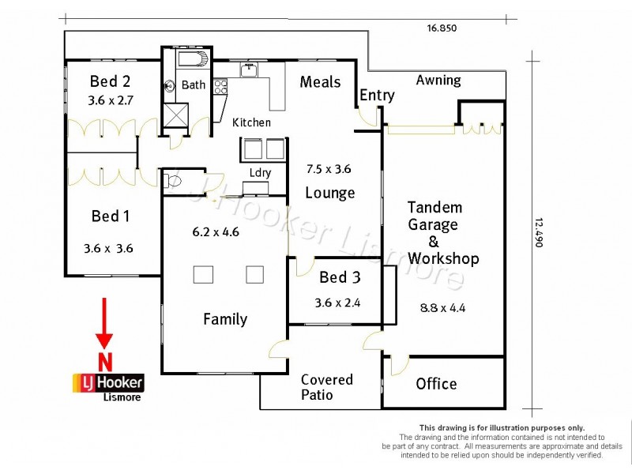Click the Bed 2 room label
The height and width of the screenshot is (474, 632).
[110, 81]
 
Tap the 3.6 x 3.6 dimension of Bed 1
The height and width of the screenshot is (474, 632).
[108, 248]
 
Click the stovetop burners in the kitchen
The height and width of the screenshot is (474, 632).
[220, 86]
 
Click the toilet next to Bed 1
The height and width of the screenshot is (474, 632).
[171, 182]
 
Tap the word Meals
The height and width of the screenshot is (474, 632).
[320, 82]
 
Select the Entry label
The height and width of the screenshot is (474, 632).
[377, 96]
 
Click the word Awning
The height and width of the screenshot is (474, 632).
[438, 80]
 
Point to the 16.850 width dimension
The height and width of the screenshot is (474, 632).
[442, 28]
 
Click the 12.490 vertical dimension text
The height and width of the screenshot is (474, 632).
[539, 233]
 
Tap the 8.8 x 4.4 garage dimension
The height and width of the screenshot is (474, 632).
[443, 308]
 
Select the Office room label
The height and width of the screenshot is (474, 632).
[436, 384]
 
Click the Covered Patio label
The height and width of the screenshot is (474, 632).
[326, 387]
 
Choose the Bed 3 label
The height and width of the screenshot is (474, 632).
[340, 277]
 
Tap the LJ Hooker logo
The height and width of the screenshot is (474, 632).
[108, 383]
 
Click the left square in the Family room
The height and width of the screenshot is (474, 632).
[204, 275]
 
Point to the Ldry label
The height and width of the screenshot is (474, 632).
[260, 173]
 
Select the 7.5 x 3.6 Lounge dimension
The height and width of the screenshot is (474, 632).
[329, 168]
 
